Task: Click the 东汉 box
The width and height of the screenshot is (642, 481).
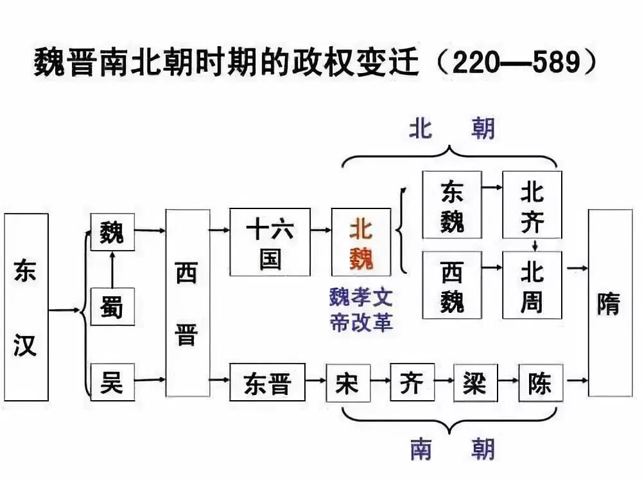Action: tap(26, 307)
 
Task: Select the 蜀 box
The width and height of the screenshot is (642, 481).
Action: tap(112, 307)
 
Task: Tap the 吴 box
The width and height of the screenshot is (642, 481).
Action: tap(112, 382)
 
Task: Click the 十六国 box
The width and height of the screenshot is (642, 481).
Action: tap(270, 242)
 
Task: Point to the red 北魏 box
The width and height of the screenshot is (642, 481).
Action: tap(361, 242)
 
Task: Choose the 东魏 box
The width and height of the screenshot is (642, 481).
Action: tap(451, 205)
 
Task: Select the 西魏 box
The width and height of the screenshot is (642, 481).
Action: tap(451, 285)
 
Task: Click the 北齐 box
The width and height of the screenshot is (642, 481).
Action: tap(532, 205)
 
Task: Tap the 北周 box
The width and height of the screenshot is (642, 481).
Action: tap(532, 285)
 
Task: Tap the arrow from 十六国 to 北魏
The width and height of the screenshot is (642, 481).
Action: tap(320, 229)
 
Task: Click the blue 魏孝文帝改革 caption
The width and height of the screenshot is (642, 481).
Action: tap(361, 310)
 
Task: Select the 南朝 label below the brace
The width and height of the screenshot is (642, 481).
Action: tap(453, 450)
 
